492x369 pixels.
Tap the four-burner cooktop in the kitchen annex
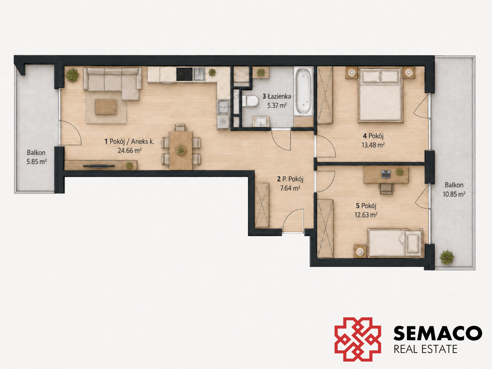tap(184, 74)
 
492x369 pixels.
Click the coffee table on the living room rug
tap(105, 107)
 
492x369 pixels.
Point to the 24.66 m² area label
tap(130, 150)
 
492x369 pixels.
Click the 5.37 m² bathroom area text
tap(277, 105)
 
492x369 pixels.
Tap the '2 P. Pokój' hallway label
tap(290, 179)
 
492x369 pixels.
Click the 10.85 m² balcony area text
tap(454, 194)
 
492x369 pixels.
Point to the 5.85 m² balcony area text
tap(36, 162)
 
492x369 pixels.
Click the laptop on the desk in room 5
tap(386, 173)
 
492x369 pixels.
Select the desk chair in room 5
tap(386, 189)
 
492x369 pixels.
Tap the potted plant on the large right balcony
tap(447, 257)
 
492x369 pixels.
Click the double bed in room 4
tap(380, 95)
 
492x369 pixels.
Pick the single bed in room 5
tap(395, 243)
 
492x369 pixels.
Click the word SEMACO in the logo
tap(438, 333)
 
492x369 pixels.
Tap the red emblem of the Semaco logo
tap(358, 339)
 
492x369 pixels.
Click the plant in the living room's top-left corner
tap(72, 75)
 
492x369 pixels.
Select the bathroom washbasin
tap(261, 121)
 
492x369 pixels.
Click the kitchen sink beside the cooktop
tap(199, 74)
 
